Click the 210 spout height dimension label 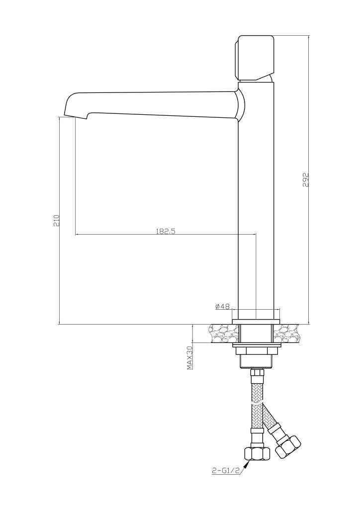click(56, 220)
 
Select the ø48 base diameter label click(222, 306)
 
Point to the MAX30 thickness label click(190, 357)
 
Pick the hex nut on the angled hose click(287, 446)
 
